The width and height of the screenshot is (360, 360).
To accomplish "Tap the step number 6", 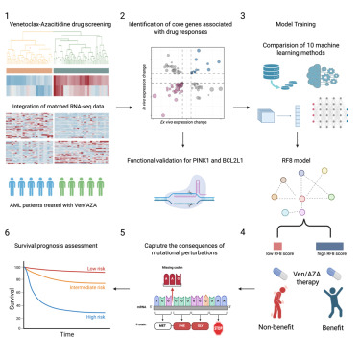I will (x=7, y=232).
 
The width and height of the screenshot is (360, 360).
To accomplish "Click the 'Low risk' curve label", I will (x=94, y=268).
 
